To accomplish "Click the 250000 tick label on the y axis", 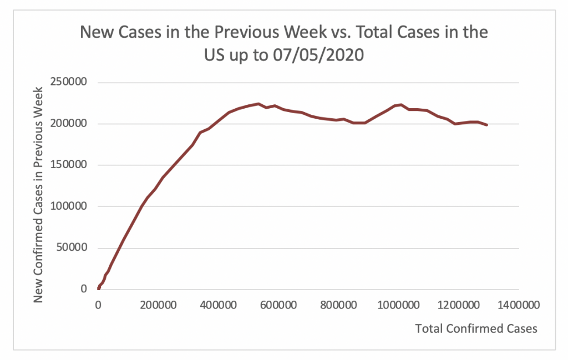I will point(70,83).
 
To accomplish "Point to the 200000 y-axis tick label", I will point(70,124).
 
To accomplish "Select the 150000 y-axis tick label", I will point(70,165).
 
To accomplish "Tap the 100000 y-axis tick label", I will point(70,206).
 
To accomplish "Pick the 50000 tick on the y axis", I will point(73,248).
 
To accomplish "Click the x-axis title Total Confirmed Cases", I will point(476,328).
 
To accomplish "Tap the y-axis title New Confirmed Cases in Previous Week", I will point(38,194).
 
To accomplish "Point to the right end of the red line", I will point(487,125).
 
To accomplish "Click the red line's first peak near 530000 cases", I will point(258,104).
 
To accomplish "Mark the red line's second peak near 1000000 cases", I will point(400,104).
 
